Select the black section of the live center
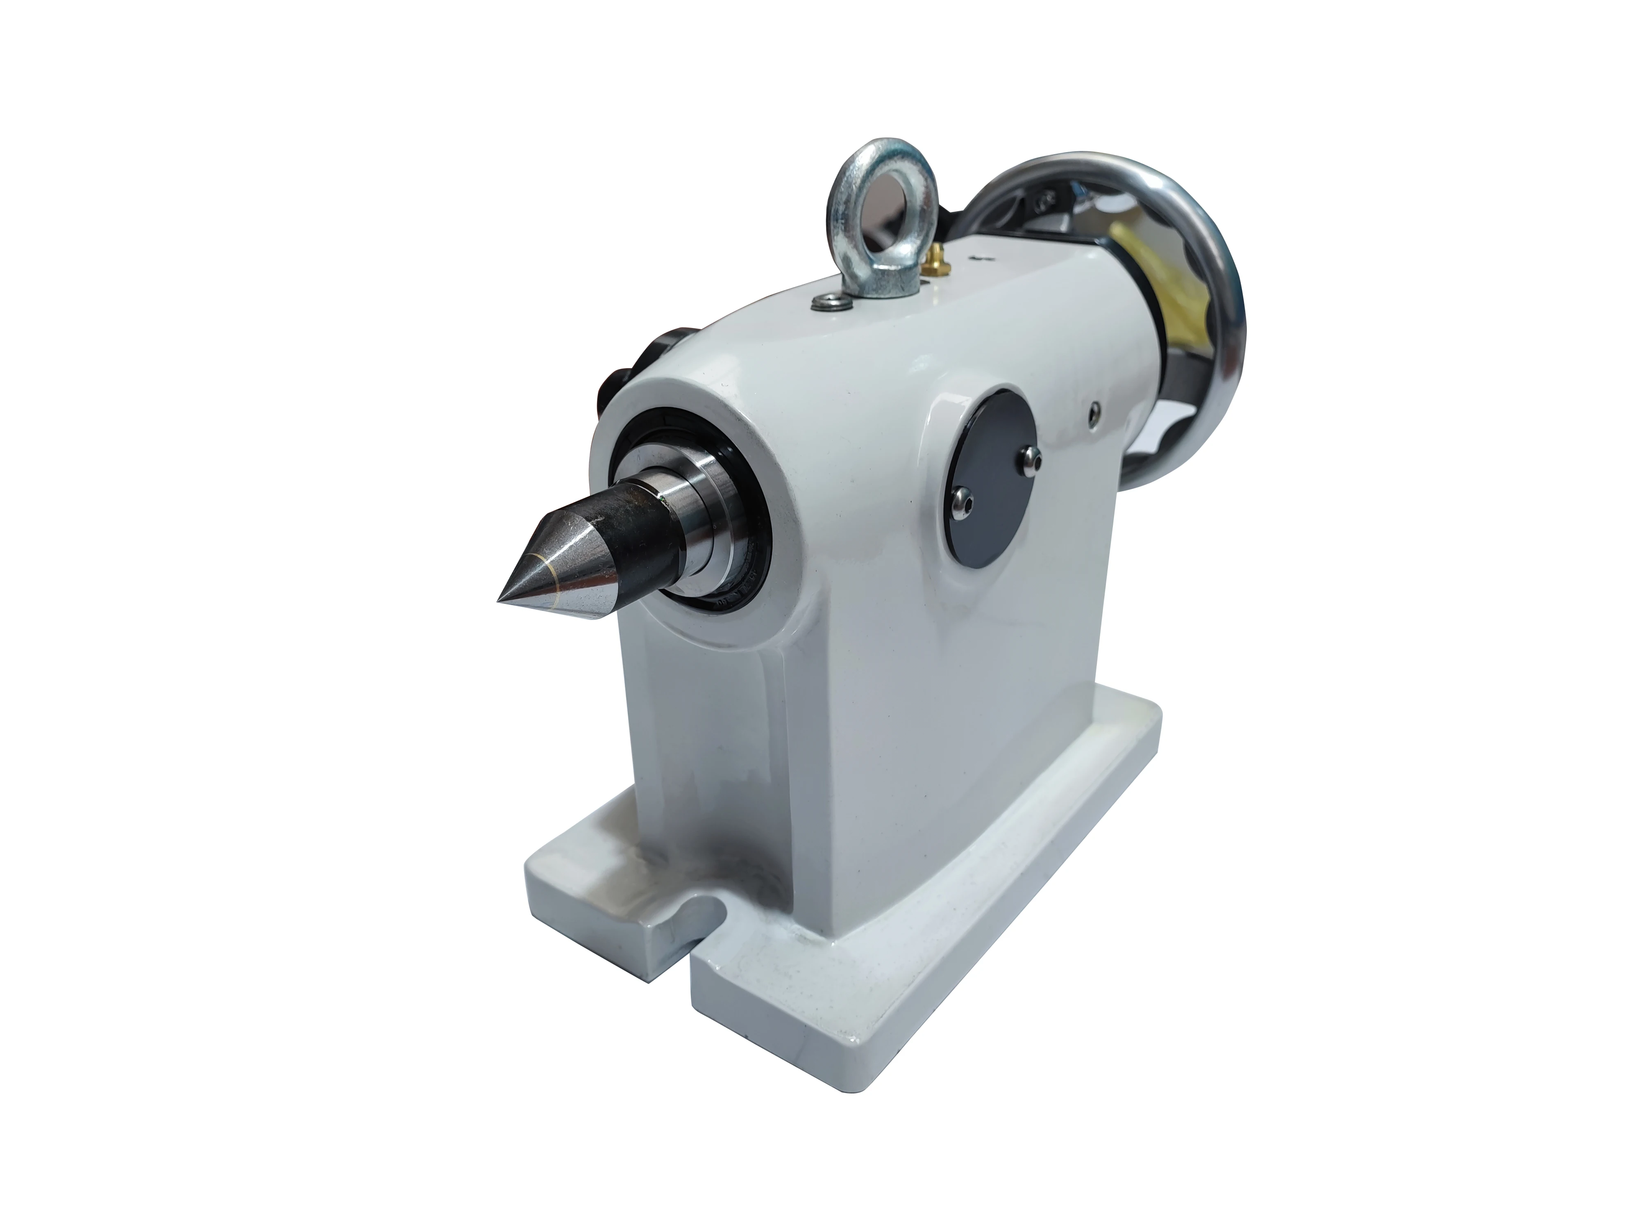(630, 526)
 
